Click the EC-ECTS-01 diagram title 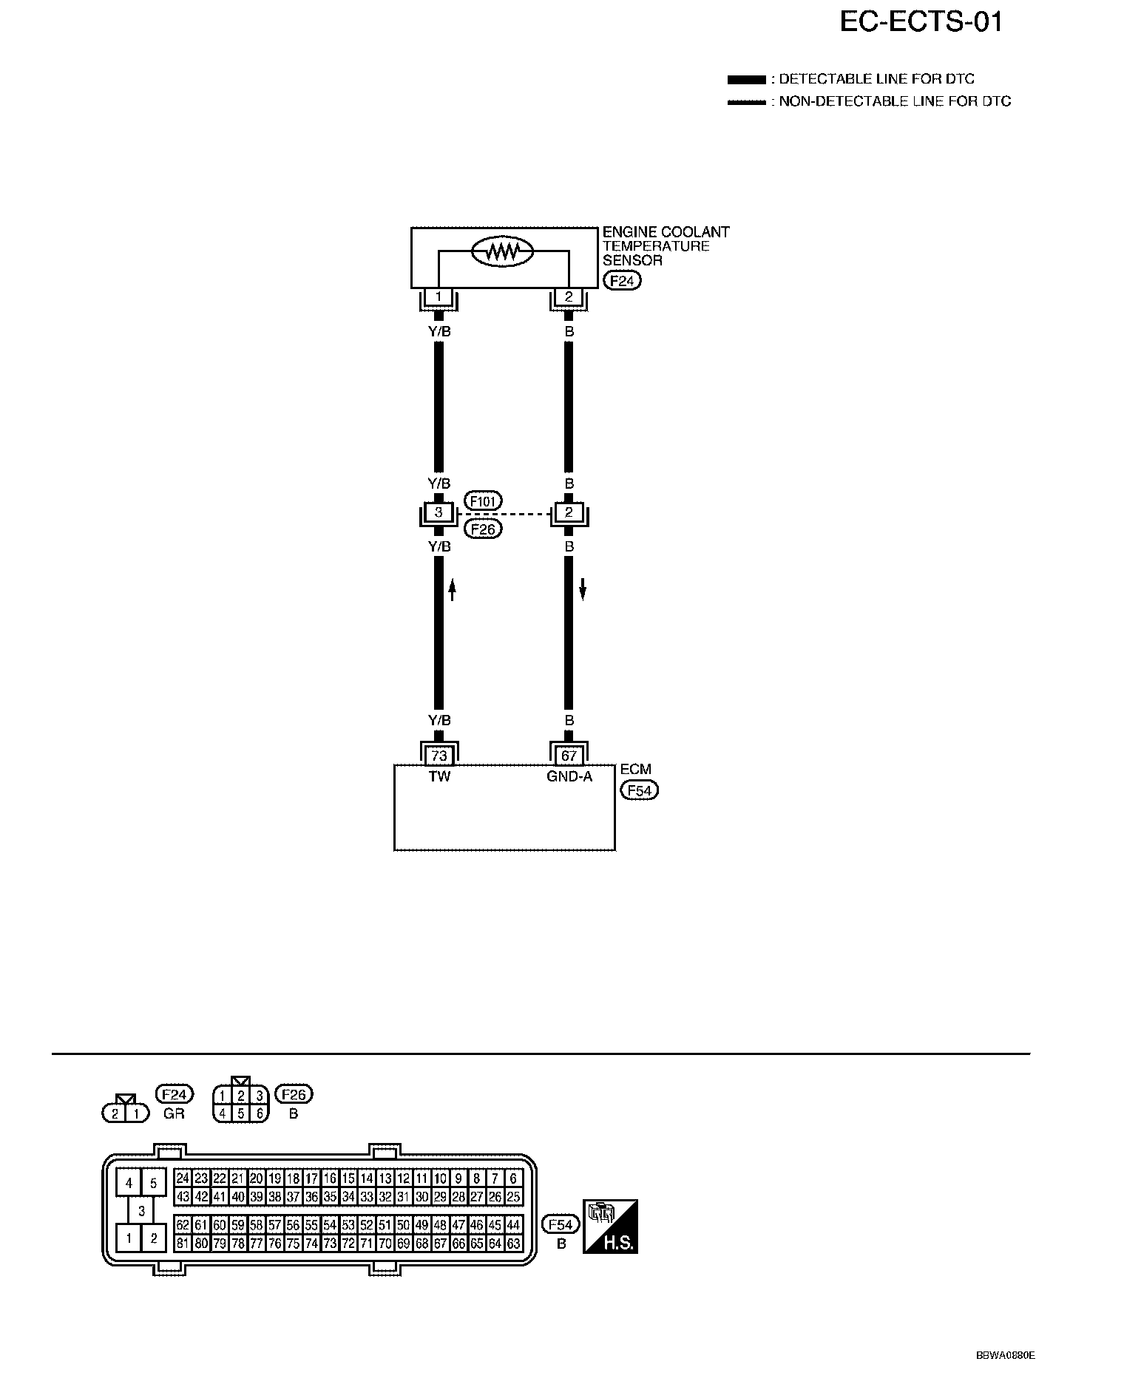[x=921, y=23]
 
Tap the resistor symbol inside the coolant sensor [x=503, y=252]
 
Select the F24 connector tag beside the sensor [x=622, y=281]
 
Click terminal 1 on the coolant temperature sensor [x=439, y=297]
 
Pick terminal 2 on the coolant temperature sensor [x=569, y=297]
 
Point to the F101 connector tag [x=483, y=501]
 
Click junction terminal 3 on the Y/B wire [x=439, y=512]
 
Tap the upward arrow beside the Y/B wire [x=453, y=589]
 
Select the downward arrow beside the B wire [x=583, y=589]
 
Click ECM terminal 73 [x=439, y=756]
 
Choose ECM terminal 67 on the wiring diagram [x=569, y=756]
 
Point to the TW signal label [x=439, y=777]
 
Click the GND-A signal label [x=569, y=777]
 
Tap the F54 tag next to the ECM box [x=639, y=790]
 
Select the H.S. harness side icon [x=610, y=1227]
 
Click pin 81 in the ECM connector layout [x=183, y=1244]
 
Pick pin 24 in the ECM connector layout [x=183, y=1178]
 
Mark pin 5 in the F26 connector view [x=240, y=1113]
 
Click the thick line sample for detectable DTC [x=746, y=79]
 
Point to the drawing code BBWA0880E [x=1006, y=1356]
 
